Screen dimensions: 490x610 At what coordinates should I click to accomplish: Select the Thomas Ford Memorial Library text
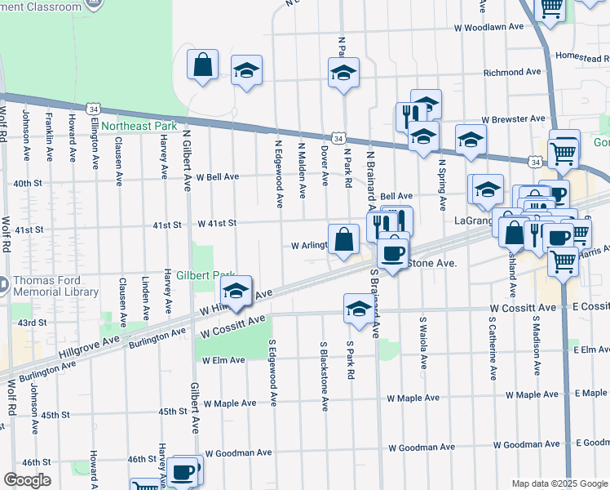pos(55,286)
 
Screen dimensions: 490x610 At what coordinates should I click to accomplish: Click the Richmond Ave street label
pos(512,72)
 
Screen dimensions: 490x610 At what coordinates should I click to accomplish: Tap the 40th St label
pos(27,183)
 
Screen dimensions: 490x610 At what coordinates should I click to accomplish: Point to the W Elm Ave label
pos(223,360)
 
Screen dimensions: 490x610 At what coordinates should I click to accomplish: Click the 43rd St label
pos(33,323)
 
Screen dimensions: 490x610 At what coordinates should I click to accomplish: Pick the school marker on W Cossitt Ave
pos(358,308)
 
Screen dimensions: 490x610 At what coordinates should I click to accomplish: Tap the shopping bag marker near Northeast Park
pos(202,65)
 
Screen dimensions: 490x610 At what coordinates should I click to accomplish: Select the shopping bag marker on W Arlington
pos(344,238)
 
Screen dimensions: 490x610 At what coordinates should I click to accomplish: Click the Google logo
pos(27,480)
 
